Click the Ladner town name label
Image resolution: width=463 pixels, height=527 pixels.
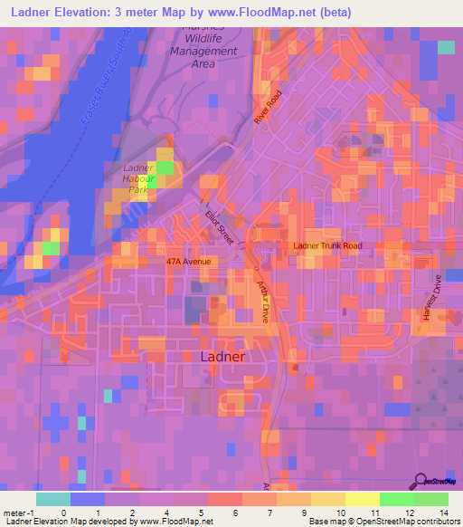click(222, 357)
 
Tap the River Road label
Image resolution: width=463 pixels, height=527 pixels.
click(269, 110)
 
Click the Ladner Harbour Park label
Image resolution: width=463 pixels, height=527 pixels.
click(140, 178)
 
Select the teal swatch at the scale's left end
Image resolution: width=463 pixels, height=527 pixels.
click(53, 499)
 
